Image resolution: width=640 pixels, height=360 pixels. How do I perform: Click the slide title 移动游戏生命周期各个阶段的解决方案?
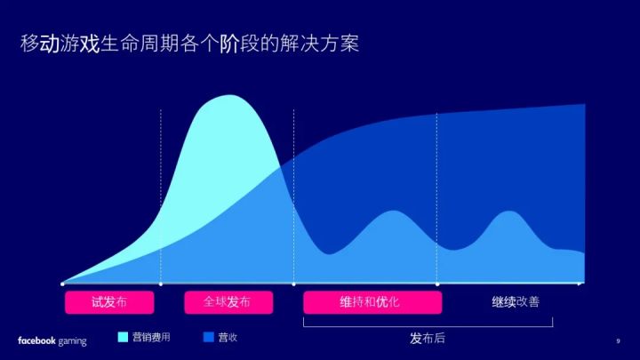(190, 44)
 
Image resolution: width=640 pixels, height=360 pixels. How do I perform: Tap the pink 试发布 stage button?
(109, 302)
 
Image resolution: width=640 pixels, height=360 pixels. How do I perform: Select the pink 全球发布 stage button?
(228, 302)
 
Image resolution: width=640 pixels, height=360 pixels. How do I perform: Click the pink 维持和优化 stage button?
(372, 302)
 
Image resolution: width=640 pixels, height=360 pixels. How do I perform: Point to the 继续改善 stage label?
(516, 302)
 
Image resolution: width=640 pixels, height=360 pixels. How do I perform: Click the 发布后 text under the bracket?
(428, 338)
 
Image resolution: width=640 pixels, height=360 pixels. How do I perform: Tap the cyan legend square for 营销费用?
(123, 337)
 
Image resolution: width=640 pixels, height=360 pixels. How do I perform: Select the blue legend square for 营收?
(209, 337)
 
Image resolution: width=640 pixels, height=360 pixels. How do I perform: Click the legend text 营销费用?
(151, 337)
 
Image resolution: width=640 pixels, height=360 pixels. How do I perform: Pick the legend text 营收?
(228, 337)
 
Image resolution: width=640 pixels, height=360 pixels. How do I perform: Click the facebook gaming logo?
(52, 340)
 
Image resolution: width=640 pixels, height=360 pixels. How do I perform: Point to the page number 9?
(618, 340)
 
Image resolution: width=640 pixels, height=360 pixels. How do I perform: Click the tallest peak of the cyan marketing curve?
(229, 95)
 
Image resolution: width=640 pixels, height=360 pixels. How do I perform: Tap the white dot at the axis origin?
(62, 284)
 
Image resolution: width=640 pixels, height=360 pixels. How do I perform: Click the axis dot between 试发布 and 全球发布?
(161, 284)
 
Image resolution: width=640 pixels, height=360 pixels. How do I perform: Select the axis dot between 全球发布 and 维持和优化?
(294, 284)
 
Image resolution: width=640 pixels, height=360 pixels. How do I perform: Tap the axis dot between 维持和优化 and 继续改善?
(437, 284)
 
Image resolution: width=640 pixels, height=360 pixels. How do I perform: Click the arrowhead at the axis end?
(581, 284)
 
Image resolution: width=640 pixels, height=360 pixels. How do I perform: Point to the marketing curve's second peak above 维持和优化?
(393, 211)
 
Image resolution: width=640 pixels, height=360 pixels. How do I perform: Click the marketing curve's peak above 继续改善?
(508, 212)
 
